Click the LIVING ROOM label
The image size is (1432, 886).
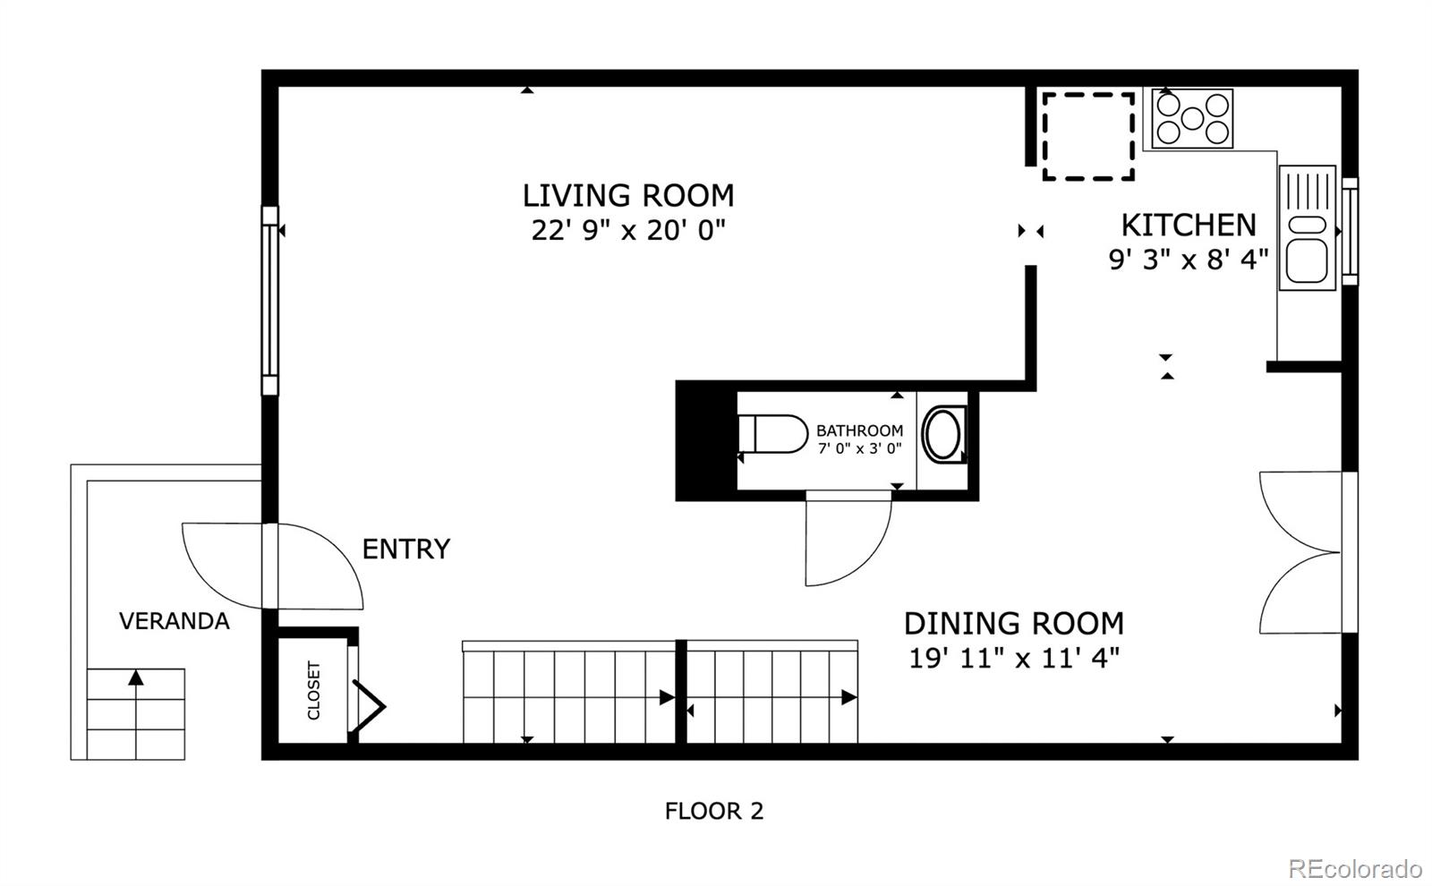pos(628,196)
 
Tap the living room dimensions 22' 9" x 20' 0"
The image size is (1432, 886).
pos(628,230)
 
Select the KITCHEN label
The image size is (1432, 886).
pos(1189,225)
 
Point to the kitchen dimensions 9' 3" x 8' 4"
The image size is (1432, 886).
pos(1189,260)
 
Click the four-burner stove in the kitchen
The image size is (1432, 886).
pos(1192,118)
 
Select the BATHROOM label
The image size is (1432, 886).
pos(860,430)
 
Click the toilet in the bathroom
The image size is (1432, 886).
pos(772,434)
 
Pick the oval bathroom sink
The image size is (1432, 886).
pos(943,435)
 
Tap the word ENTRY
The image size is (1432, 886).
pos(406,549)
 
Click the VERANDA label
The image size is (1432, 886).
pos(174,621)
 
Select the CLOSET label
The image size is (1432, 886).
pos(314,690)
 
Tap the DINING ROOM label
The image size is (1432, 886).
pos(1014,623)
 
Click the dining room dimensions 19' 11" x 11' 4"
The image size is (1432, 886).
pos(1014,658)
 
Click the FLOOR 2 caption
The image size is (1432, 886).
pos(714,811)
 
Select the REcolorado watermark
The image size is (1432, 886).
pos(1355,869)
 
